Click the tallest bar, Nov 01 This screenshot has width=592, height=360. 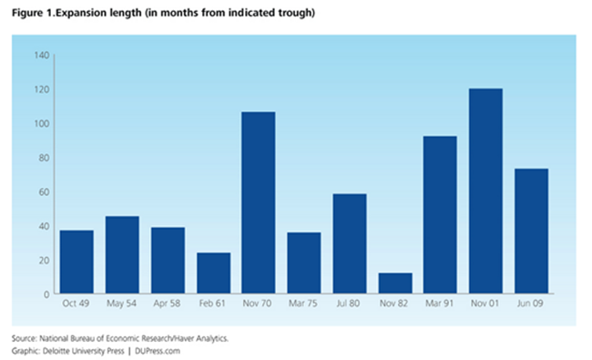tap(485, 191)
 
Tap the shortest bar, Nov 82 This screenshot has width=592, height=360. tap(394, 283)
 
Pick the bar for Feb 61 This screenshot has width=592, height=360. tap(213, 273)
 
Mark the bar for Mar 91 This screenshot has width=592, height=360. tap(440, 215)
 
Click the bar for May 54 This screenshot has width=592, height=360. tap(122, 255)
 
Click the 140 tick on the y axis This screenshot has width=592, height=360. tap(41, 56)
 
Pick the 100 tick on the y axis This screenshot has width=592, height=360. tap(41, 124)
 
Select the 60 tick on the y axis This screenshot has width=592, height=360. tap(43, 192)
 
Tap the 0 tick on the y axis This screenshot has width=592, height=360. tap(46, 294)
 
